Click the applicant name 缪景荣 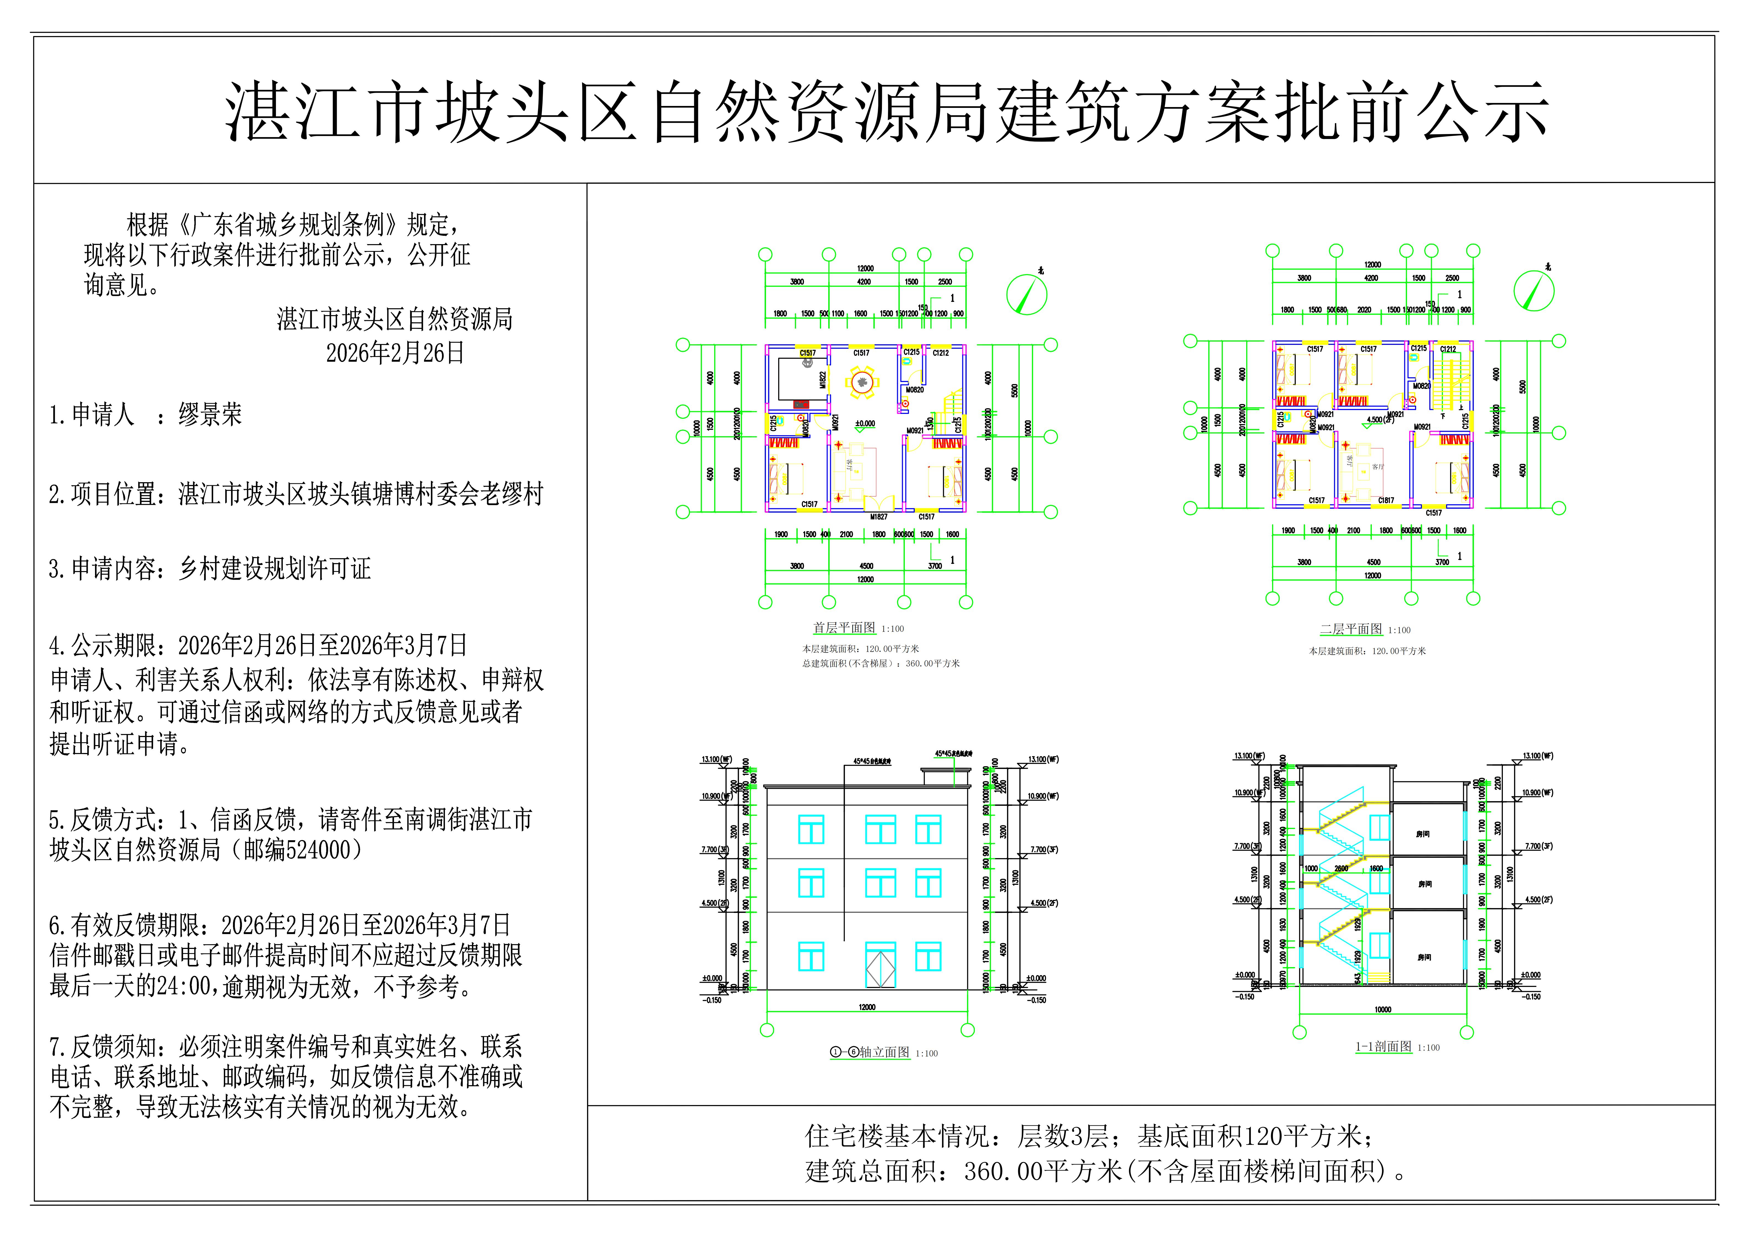pyautogui.click(x=210, y=415)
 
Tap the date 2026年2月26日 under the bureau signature pyautogui.click(x=395, y=353)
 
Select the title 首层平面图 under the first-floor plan pyautogui.click(x=843, y=628)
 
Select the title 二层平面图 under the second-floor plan pyautogui.click(x=1351, y=630)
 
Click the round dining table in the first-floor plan pyautogui.click(x=862, y=381)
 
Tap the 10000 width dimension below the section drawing pyautogui.click(x=1383, y=1010)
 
